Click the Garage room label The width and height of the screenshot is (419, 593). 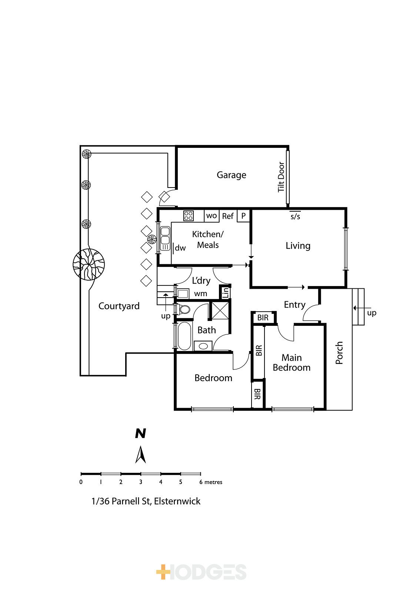[231, 175]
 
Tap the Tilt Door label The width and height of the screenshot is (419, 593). [281, 177]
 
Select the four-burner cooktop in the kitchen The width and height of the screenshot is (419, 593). [189, 216]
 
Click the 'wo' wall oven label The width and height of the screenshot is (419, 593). [212, 215]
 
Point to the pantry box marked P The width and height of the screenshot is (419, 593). [243, 216]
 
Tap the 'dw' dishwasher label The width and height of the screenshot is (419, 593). [180, 248]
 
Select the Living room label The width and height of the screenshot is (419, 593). [298, 246]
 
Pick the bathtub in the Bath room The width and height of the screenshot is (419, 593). [184, 336]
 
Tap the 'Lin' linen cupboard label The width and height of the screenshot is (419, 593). [226, 292]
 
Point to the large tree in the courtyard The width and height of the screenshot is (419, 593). [89, 264]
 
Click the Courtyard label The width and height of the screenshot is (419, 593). [119, 306]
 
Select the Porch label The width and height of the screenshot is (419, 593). [339, 353]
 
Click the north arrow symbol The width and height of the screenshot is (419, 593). [140, 455]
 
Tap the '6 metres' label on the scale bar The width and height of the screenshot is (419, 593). [211, 482]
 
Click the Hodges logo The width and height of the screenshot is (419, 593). [202, 572]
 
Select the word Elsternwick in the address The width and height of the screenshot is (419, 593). [177, 501]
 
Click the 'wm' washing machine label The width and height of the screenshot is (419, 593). [200, 294]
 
